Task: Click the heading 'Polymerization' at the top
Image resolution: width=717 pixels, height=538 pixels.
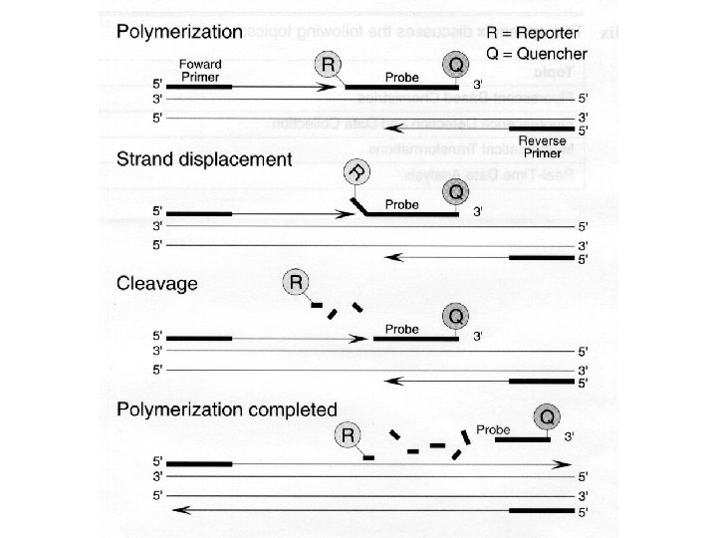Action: click(x=179, y=31)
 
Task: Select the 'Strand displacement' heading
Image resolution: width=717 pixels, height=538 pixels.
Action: click(x=204, y=158)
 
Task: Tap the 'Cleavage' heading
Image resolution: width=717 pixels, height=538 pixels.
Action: click(x=157, y=283)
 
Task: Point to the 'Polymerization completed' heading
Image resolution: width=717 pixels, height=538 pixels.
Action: click(x=227, y=408)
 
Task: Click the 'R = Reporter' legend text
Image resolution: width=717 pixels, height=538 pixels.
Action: click(x=533, y=31)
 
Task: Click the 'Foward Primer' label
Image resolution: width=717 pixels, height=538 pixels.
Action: click(x=200, y=70)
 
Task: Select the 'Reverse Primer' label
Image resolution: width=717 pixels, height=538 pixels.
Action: click(x=543, y=146)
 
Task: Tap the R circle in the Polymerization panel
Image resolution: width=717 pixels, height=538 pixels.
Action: click(x=328, y=65)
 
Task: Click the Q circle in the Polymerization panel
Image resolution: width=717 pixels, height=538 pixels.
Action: click(x=455, y=65)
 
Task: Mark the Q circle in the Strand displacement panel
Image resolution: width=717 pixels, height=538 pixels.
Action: click(x=455, y=190)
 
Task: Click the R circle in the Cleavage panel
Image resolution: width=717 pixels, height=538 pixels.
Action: click(x=296, y=282)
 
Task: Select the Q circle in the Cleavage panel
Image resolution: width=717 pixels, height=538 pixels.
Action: click(x=455, y=315)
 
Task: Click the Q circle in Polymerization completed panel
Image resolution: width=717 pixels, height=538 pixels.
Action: click(x=547, y=415)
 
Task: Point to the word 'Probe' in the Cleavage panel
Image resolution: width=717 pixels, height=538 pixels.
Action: click(x=401, y=328)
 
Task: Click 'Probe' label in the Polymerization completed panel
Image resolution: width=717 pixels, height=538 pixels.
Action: click(x=493, y=429)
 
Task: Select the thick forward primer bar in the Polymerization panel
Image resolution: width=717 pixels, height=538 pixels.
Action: click(x=200, y=87)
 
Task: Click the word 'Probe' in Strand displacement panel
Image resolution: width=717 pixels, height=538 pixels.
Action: click(x=401, y=203)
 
